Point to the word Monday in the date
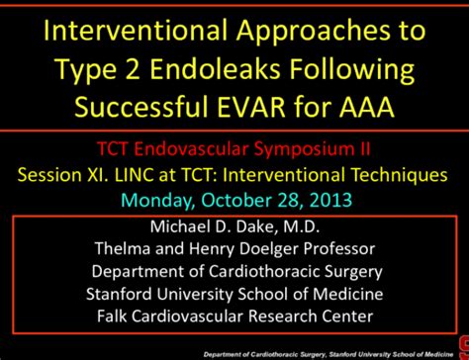click(157, 200)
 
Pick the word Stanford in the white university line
click(122, 294)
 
